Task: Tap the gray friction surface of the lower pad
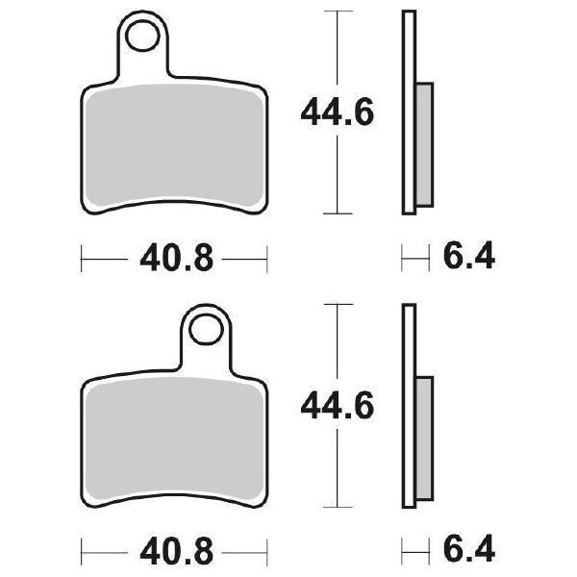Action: (x=173, y=438)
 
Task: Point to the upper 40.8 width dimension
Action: (x=173, y=259)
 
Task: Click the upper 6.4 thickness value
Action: (x=468, y=258)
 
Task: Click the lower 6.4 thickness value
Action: (x=468, y=553)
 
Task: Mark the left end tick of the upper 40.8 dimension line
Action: (x=83, y=258)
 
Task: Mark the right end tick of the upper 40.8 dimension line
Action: (x=265, y=258)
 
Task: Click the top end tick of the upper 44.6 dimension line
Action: (x=335, y=12)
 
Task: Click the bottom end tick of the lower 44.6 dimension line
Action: (x=335, y=507)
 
